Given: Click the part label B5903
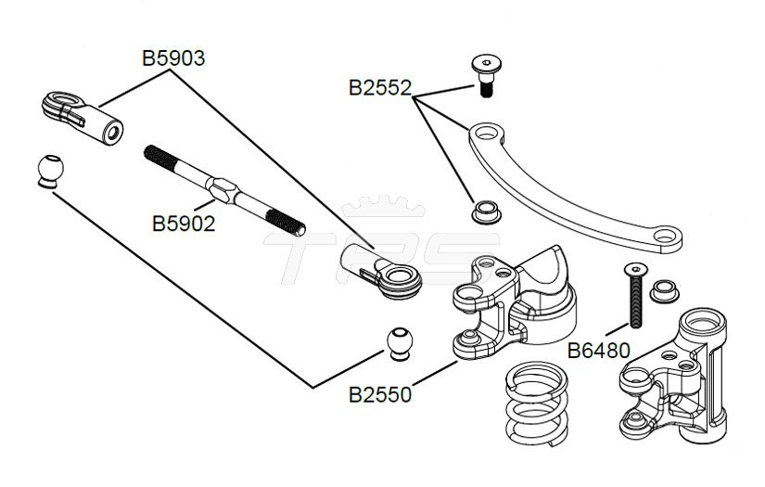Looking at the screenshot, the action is coord(173,58).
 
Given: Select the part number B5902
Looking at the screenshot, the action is coord(184,224).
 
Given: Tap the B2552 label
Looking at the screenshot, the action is coord(380,88).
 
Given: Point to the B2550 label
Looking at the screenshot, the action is coord(380,395).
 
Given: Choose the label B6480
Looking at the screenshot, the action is coord(599,351).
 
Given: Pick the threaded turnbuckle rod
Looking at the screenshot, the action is coord(225,190).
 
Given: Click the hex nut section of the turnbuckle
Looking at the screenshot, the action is coord(223,190).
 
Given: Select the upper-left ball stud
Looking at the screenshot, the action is coord(50,172).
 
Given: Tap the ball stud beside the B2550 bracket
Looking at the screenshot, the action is coord(400,344).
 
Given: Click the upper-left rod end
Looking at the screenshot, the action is coord(83,118).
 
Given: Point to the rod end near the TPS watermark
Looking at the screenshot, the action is coord(381,271).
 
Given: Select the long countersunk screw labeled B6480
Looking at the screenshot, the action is coord(634,295).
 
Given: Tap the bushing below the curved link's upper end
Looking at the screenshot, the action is coord(487,211).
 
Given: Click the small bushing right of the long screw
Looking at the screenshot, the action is coord(665,291).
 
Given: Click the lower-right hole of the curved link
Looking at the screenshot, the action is coord(665,237).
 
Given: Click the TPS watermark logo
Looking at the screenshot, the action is coord(382,241).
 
